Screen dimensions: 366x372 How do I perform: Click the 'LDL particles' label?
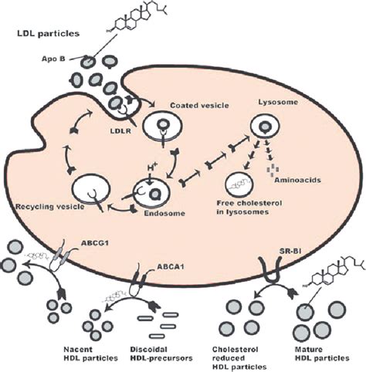48,34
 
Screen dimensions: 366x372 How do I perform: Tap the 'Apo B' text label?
53,59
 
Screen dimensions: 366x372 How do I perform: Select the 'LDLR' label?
120,131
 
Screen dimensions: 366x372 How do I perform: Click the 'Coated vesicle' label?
199,105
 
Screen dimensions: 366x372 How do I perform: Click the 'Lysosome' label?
278,102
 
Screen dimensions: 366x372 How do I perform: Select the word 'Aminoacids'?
297,180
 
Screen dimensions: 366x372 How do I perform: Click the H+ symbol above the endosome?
152,168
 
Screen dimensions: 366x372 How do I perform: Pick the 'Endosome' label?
164,213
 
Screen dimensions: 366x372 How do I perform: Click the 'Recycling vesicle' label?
50,207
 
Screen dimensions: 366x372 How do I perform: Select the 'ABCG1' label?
95,243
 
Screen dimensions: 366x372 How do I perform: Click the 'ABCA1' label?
171,267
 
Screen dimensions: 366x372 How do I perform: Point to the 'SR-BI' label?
290,251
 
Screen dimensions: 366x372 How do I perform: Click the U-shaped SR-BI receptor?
269,279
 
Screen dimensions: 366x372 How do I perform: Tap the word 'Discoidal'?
148,350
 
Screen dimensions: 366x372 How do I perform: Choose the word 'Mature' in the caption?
309,350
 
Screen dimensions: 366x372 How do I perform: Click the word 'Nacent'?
78,350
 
